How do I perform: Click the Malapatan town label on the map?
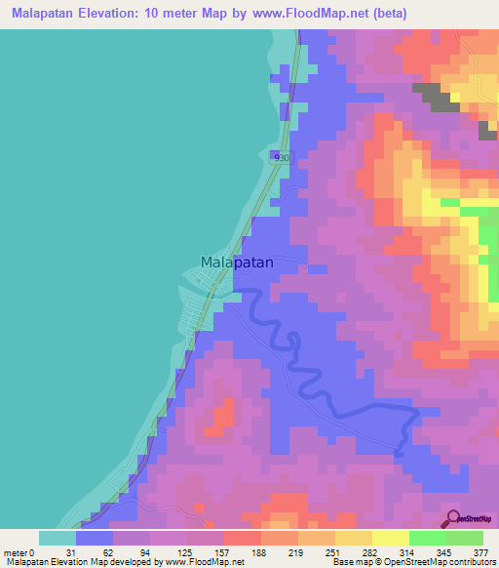pos(236,263)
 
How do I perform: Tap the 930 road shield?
pos(282,157)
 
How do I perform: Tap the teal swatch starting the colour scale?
pos(58,538)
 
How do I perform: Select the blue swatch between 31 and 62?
pos(95,538)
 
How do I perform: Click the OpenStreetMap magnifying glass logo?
pos(453,518)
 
